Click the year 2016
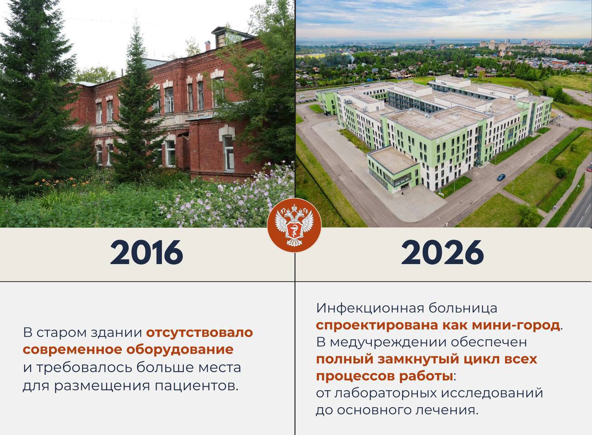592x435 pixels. tap(147, 252)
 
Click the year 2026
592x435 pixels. tap(443, 252)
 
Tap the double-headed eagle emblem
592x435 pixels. tap(294, 225)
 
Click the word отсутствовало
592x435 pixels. tap(199, 332)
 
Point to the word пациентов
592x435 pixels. tap(197, 386)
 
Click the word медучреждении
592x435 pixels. tap(386, 342)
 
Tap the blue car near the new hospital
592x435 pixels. tap(501, 177)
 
